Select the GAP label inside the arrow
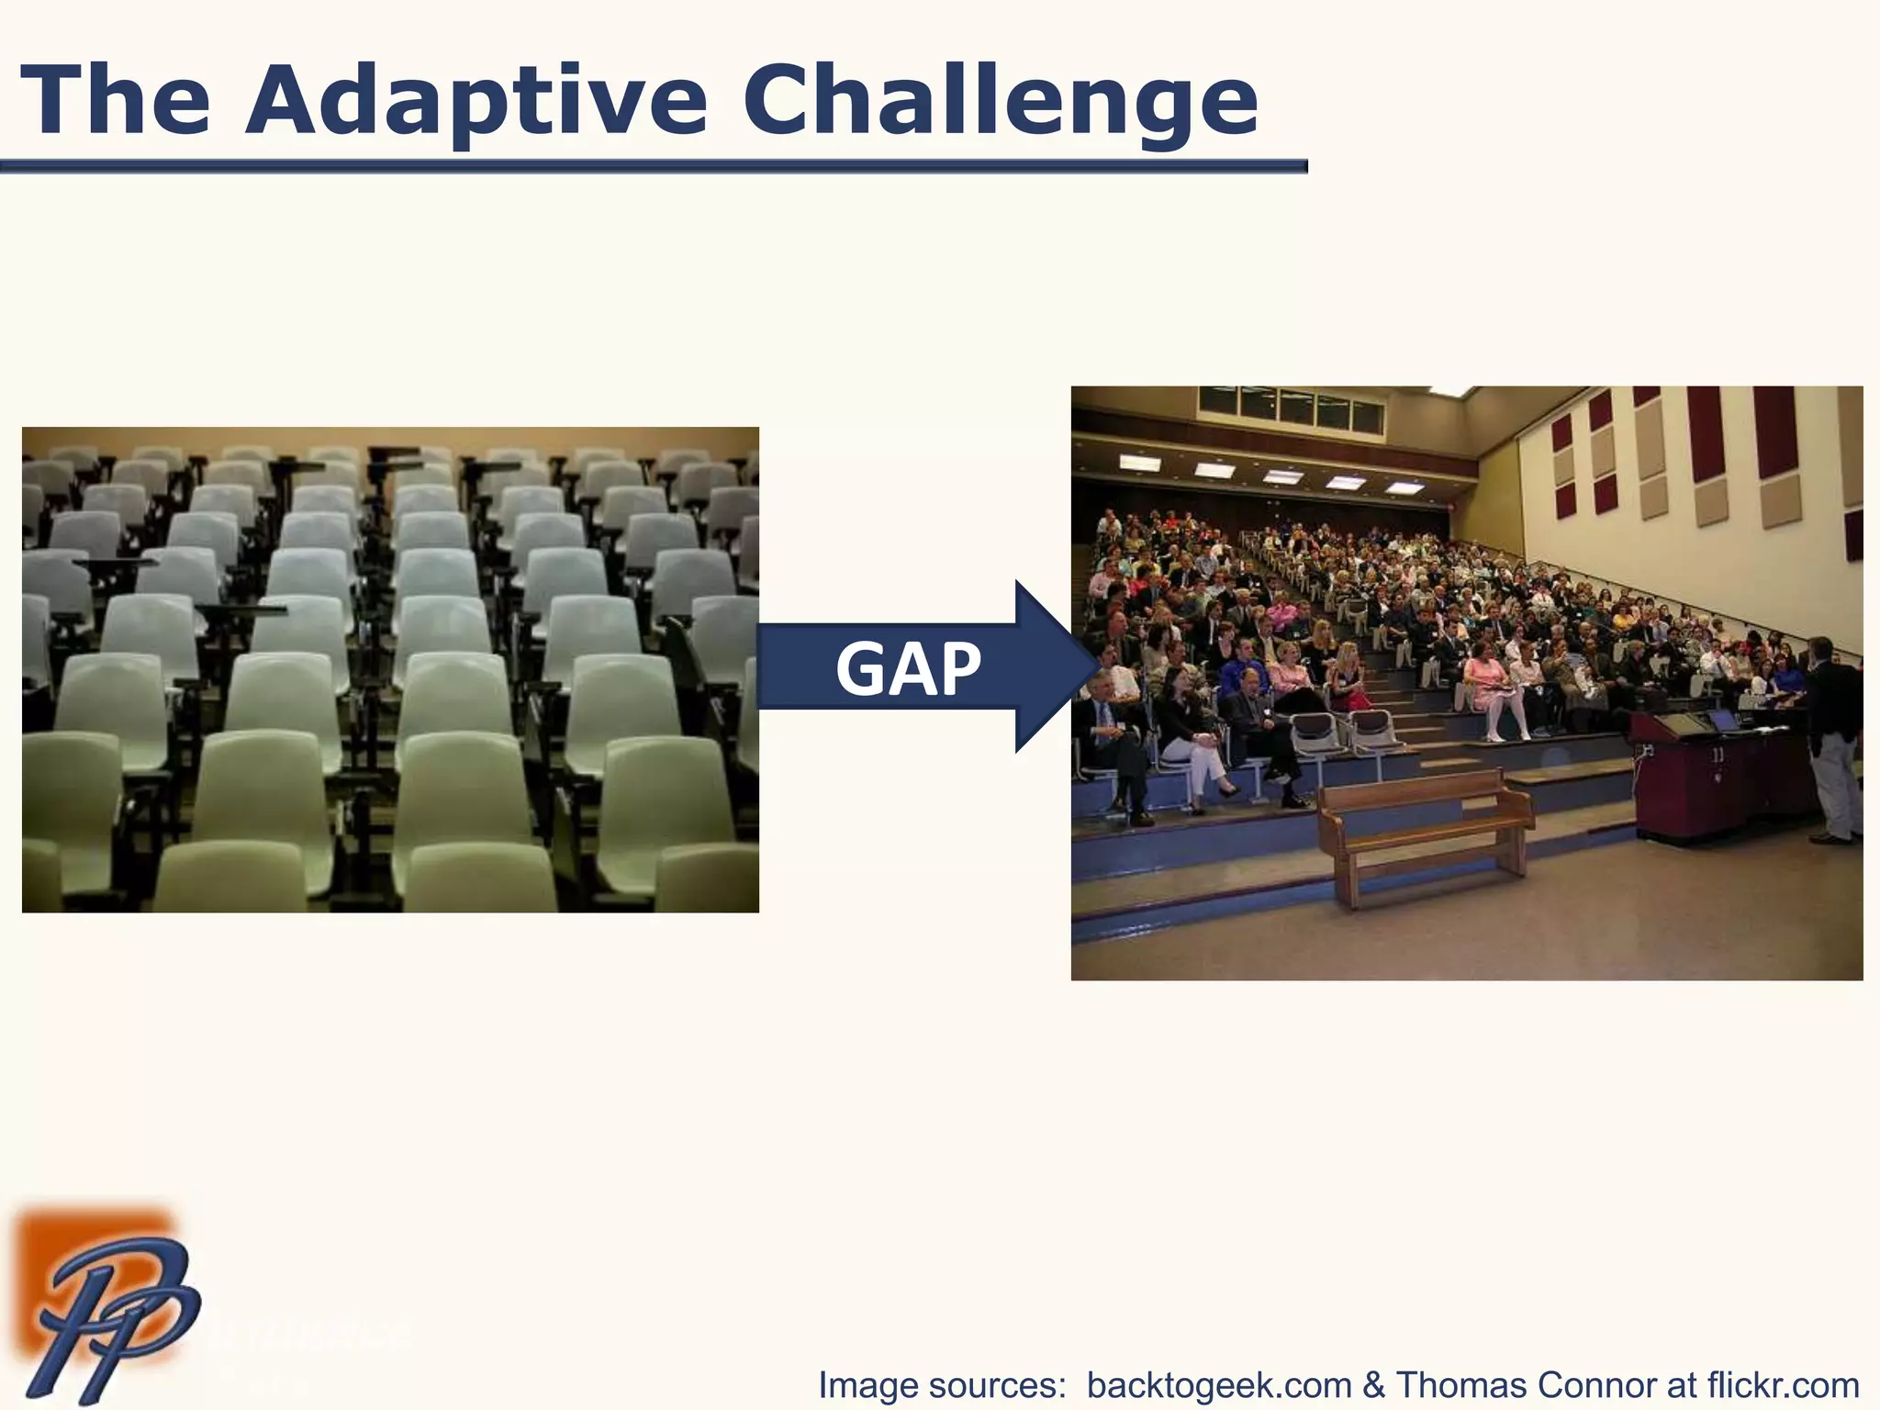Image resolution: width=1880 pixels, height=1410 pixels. point(907,668)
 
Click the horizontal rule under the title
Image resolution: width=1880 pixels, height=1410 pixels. point(652,166)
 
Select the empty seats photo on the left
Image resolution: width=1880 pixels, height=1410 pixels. point(390,669)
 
